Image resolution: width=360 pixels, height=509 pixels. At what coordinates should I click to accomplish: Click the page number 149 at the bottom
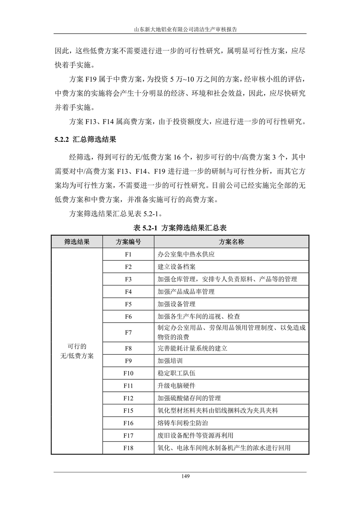tap(180, 476)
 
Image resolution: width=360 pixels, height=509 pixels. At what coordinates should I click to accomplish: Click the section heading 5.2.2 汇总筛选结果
tap(85, 140)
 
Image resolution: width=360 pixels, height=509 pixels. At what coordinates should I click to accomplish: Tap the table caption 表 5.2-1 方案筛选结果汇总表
tap(180, 228)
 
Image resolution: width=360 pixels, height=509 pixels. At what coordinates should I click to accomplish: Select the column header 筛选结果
tap(77, 242)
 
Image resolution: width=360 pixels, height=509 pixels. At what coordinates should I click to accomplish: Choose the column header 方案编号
tap(128, 242)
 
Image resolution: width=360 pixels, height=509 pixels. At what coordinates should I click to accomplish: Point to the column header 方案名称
tap(231, 242)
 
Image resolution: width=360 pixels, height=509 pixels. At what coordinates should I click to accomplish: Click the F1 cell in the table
tap(128, 254)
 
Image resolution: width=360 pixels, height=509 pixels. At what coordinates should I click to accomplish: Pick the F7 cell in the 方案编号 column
tap(128, 332)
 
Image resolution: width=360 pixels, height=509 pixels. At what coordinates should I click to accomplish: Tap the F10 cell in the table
tap(128, 373)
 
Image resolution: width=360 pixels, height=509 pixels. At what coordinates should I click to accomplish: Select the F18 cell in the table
tap(128, 448)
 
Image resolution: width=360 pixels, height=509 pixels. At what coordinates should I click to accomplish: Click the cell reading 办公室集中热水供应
tap(186, 254)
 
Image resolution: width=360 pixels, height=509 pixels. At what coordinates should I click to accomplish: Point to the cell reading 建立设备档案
tap(177, 267)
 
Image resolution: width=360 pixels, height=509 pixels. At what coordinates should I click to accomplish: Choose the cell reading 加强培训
tap(170, 361)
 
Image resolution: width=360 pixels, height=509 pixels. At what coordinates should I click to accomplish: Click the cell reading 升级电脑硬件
tap(177, 386)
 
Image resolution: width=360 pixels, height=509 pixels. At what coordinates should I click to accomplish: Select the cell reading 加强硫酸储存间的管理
tap(189, 398)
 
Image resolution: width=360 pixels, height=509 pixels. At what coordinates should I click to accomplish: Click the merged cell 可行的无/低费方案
tap(77, 351)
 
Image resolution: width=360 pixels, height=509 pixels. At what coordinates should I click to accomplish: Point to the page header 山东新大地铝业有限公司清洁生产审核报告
tap(180, 29)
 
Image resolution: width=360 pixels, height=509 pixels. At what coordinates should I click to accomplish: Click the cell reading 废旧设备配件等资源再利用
tap(195, 436)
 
